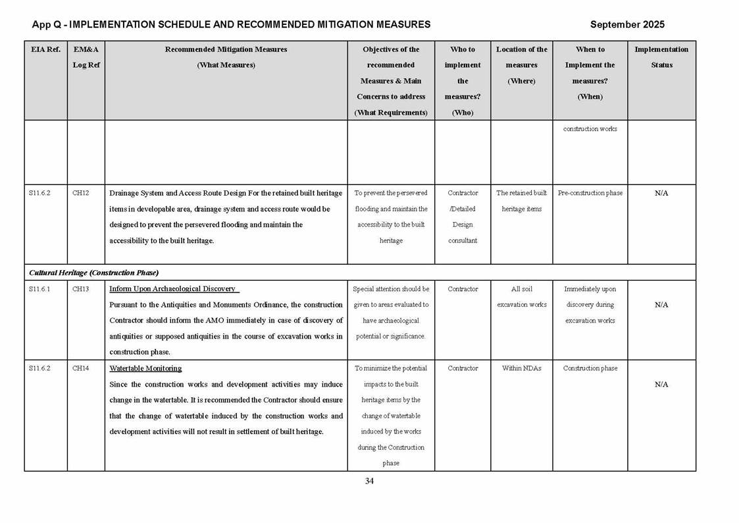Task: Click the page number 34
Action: [369, 481]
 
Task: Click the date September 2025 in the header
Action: [626, 24]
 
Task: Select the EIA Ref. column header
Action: [45, 49]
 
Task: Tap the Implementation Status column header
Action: [661, 57]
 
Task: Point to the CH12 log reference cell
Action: [81, 193]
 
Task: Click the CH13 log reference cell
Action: [81, 289]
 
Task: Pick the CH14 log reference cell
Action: [81, 368]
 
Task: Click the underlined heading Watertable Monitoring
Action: [145, 368]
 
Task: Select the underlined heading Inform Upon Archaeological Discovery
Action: [172, 289]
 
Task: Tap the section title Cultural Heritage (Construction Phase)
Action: [93, 273]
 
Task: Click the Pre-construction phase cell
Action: [590, 193]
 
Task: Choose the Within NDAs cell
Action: [521, 368]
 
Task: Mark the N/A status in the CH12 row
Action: [661, 193]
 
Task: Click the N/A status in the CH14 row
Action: [661, 384]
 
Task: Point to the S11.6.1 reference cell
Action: [39, 289]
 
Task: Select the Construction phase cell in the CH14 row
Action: [590, 368]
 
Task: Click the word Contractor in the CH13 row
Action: [462, 289]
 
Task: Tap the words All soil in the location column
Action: [521, 289]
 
